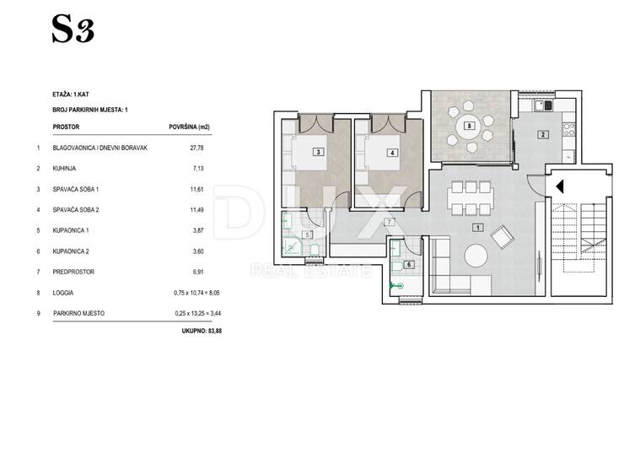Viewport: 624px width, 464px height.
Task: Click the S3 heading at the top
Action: click(x=73, y=29)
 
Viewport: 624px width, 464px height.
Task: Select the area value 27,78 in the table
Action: click(x=196, y=148)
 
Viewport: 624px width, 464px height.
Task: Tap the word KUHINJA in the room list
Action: click(x=64, y=169)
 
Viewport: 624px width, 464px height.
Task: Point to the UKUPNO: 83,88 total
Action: click(x=202, y=331)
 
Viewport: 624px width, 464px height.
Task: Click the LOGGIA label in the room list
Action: click(x=63, y=293)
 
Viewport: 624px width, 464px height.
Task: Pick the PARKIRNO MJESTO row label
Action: click(x=78, y=314)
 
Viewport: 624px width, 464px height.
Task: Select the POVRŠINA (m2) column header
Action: click(x=190, y=127)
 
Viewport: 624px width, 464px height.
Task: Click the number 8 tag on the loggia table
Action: click(x=470, y=126)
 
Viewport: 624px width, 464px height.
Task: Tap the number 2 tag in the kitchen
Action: click(x=543, y=135)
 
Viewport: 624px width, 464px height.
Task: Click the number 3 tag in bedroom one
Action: click(x=319, y=152)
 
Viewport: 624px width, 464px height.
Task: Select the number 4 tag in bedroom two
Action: click(x=392, y=153)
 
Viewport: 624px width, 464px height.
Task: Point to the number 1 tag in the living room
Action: click(x=478, y=228)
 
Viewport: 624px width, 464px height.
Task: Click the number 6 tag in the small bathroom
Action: click(x=409, y=264)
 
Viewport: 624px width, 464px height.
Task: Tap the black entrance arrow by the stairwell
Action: click(x=560, y=186)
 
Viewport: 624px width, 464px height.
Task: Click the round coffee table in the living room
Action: click(x=476, y=256)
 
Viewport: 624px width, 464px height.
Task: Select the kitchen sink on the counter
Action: click(x=544, y=105)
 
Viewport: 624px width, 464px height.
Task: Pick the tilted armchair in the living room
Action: click(x=503, y=237)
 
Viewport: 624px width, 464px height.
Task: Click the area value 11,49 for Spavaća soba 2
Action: click(x=197, y=210)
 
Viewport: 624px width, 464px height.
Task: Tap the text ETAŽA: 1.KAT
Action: click(x=71, y=94)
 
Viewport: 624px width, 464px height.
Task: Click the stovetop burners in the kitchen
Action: click(x=569, y=129)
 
